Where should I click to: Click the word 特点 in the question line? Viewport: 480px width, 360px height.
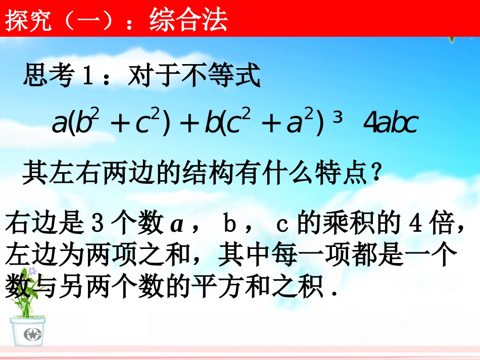[346, 175]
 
